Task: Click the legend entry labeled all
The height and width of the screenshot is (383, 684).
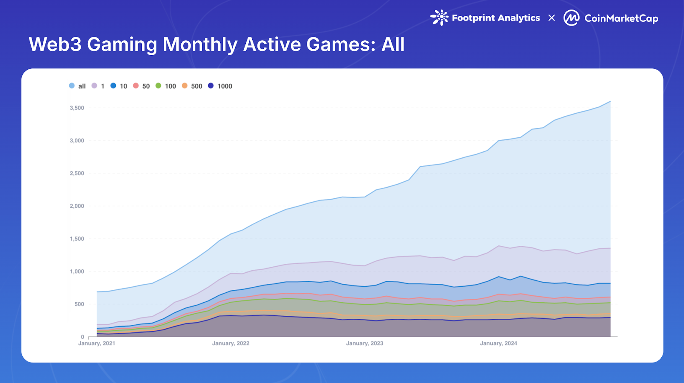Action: tap(77, 86)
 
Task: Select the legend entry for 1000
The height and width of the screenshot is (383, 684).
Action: tap(220, 86)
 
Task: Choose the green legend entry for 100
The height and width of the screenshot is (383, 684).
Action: tap(166, 86)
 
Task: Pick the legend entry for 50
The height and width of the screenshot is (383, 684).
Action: tap(142, 86)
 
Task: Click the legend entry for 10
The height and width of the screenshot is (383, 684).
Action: tap(119, 86)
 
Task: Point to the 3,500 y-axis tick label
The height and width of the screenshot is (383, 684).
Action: tap(77, 108)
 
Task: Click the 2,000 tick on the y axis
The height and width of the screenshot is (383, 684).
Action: tap(77, 206)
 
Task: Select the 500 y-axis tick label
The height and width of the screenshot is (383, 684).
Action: tap(79, 304)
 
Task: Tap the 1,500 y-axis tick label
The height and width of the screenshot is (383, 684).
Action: tap(77, 239)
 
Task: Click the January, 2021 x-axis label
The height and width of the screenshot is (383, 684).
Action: tap(97, 343)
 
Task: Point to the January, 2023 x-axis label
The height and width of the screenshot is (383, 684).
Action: tap(365, 343)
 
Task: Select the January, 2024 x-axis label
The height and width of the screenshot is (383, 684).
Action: tap(498, 343)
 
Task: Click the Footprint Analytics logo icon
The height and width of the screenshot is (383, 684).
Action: tap(439, 18)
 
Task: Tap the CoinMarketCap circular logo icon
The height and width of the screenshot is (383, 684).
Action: tap(572, 18)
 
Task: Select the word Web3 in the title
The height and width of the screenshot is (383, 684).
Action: tap(55, 44)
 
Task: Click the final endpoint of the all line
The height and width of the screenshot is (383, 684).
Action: tap(610, 101)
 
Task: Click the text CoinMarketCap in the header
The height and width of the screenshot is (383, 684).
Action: tap(621, 18)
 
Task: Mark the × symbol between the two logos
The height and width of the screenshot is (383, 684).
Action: tap(551, 18)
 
